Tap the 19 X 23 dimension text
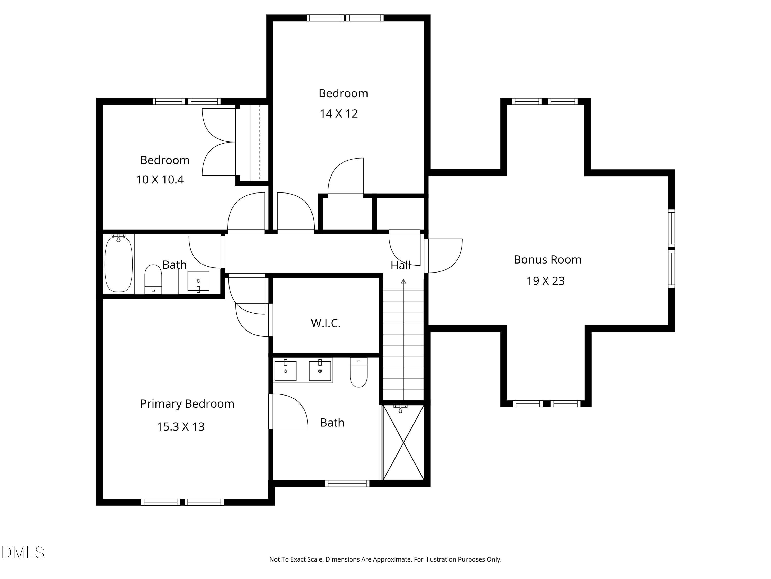point(546,281)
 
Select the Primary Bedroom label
point(187,404)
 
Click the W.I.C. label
point(326,323)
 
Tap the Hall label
point(400,266)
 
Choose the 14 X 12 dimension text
point(338,114)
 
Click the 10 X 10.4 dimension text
point(160,180)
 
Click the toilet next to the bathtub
point(153,279)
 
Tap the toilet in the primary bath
point(359,372)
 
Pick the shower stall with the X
point(403,443)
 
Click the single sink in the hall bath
point(198,281)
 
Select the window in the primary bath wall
point(347,483)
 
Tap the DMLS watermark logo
point(23,552)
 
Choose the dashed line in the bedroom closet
point(260,142)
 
